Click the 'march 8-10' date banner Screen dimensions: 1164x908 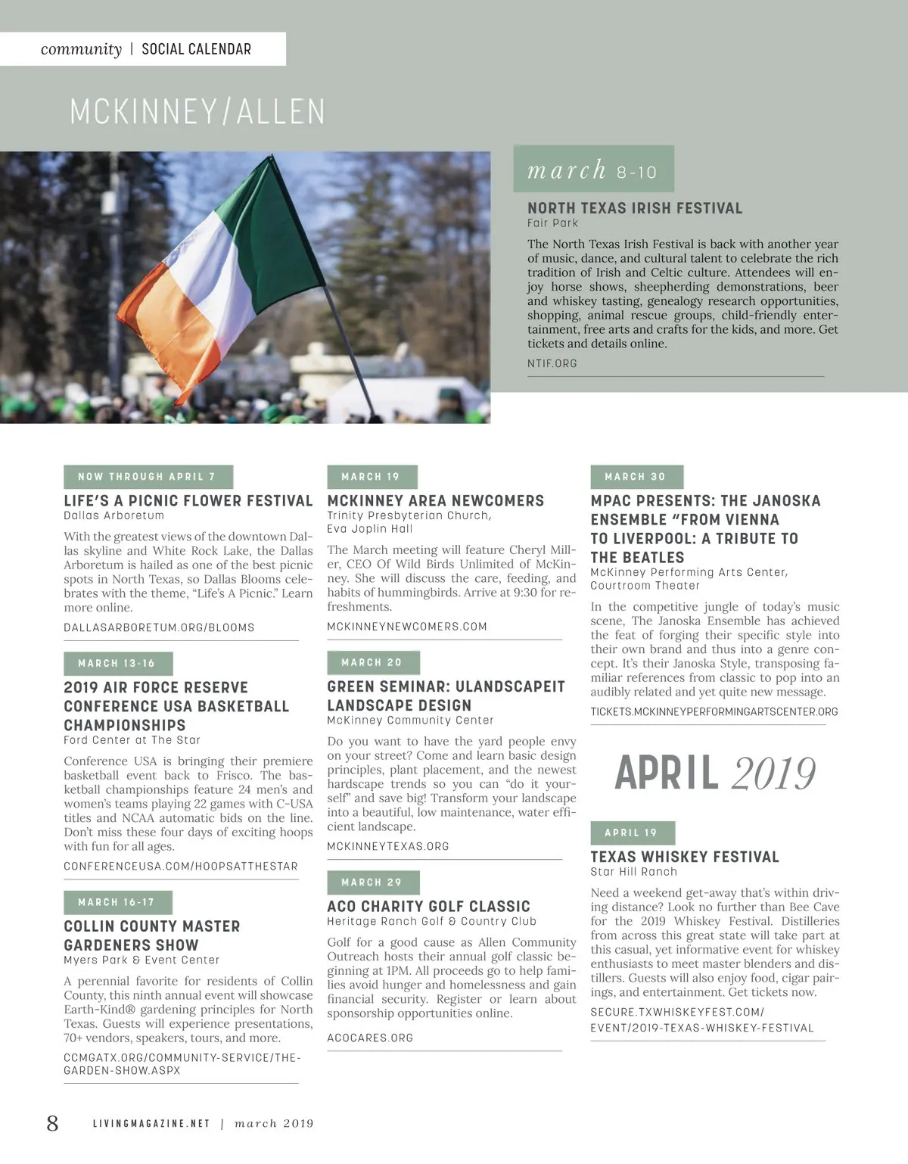click(593, 170)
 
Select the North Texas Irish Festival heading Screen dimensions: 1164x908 click(634, 208)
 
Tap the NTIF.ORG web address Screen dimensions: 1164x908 click(552, 363)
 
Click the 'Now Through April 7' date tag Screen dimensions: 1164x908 click(148, 477)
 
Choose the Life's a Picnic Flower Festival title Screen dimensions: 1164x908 click(188, 501)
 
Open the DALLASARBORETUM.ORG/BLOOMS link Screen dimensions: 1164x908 click(159, 627)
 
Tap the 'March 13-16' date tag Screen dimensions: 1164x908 click(117, 663)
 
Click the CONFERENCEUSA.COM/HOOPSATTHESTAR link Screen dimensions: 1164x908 click(180, 866)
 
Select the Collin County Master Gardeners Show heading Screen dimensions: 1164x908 click(151, 935)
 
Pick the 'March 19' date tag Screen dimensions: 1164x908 click(372, 477)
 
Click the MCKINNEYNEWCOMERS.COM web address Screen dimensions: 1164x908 click(406, 627)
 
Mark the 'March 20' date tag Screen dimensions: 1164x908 click(372, 662)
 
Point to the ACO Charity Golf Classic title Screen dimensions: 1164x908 click(428, 906)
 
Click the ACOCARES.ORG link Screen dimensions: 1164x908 click(370, 1038)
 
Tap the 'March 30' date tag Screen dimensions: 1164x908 click(636, 477)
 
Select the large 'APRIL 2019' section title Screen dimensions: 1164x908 click(715, 773)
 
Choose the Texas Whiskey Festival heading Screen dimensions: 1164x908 click(684, 857)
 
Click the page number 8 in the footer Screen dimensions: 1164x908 click(52, 1122)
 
